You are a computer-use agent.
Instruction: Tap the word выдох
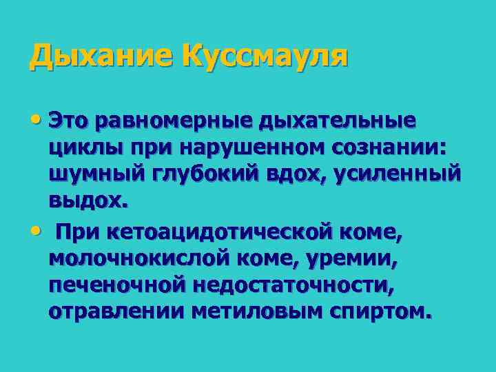click(87, 203)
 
